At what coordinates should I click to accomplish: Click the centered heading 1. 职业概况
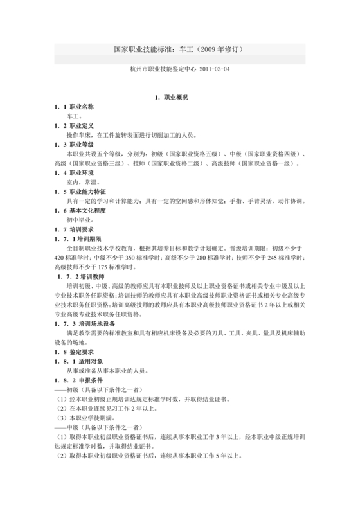[x=172, y=97]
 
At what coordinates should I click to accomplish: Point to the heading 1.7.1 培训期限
[x=80, y=239]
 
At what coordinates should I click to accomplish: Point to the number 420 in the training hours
[x=61, y=258]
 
